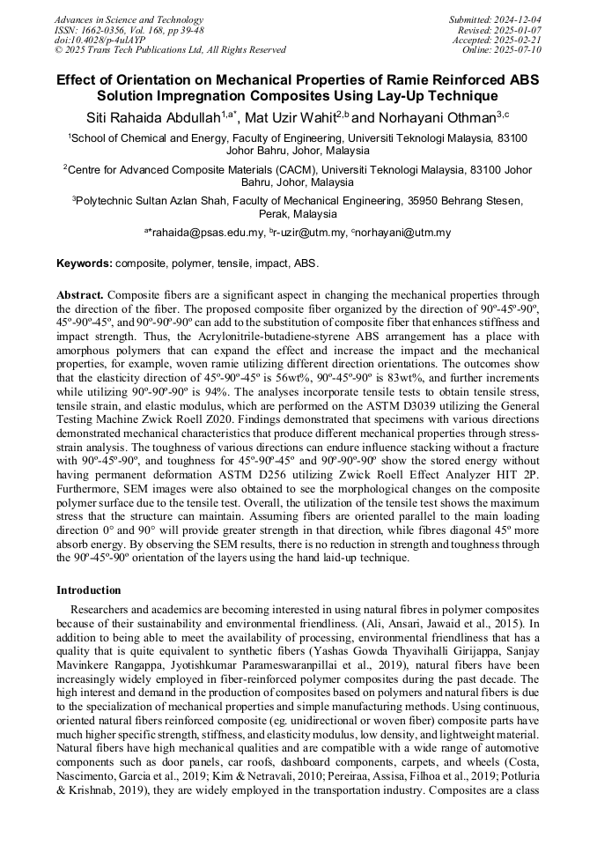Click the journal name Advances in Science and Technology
coord(129,19)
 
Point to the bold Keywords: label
coord(85,263)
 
